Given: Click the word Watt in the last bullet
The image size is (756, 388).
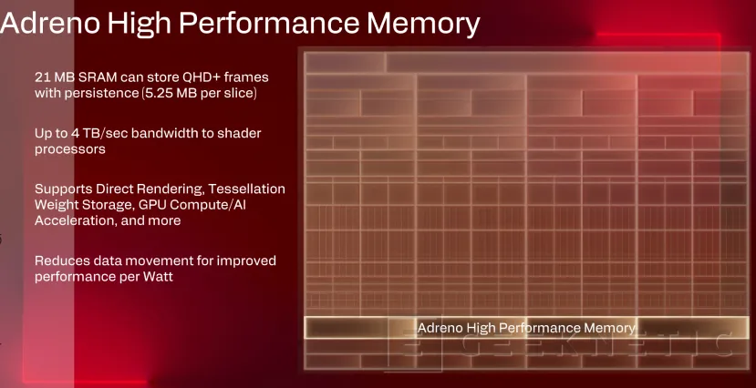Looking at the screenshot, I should pos(156,277).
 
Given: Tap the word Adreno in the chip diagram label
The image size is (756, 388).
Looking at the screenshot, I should pos(441,327).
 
